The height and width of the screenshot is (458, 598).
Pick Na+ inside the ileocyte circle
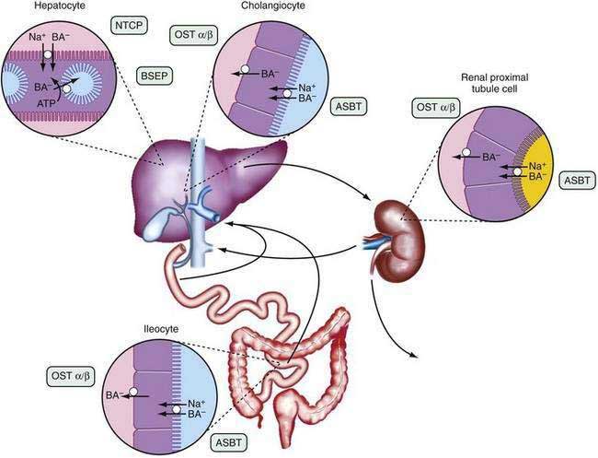tap(194, 403)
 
